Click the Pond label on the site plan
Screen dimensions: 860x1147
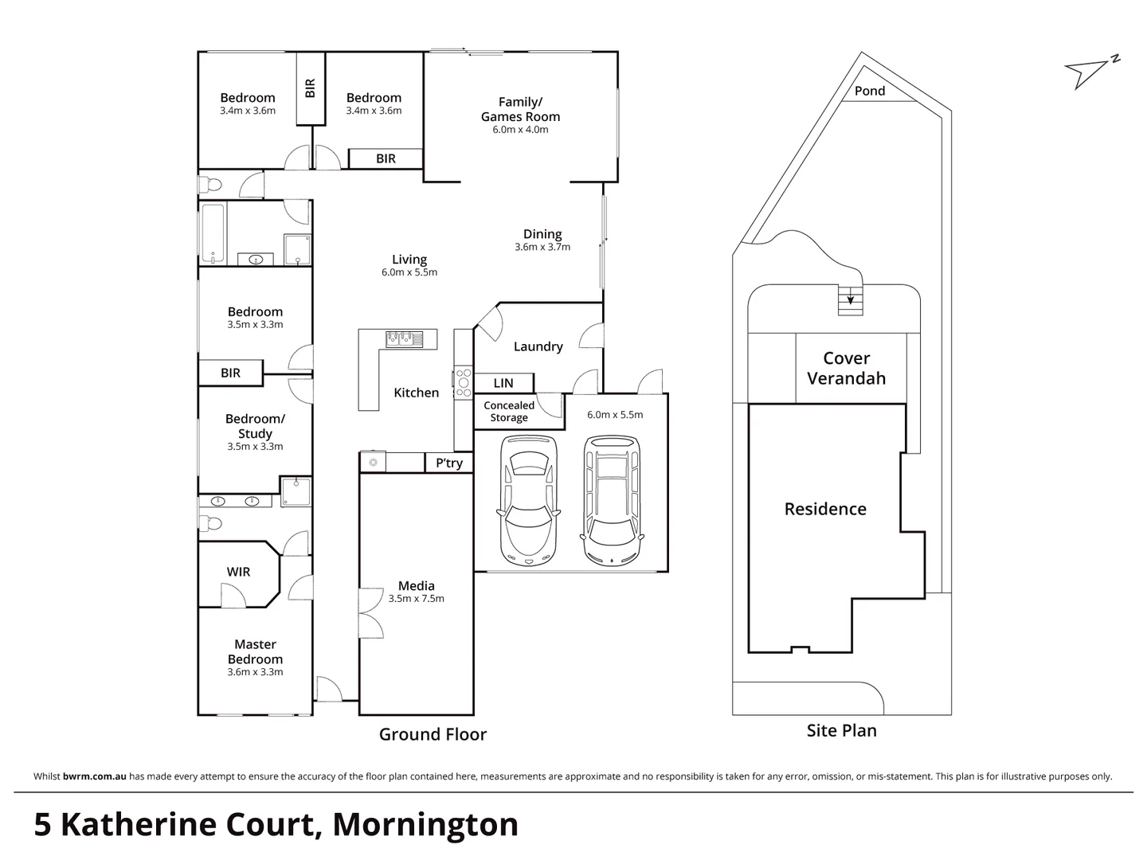pyautogui.click(x=869, y=91)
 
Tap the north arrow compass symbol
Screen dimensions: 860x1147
pyautogui.click(x=1090, y=72)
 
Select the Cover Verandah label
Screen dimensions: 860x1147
pyautogui.click(x=846, y=368)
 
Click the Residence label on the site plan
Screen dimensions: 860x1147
pyautogui.click(x=825, y=509)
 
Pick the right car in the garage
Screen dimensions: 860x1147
pyautogui.click(x=612, y=499)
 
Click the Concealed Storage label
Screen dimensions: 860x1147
pyautogui.click(x=509, y=411)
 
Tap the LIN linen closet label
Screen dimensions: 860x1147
pyautogui.click(x=503, y=383)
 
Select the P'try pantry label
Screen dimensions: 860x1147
pyautogui.click(x=449, y=463)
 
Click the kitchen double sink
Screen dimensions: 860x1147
pyautogui.click(x=404, y=339)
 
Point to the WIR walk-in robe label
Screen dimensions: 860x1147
pyautogui.click(x=238, y=572)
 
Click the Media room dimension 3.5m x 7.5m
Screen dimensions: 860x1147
pyautogui.click(x=416, y=599)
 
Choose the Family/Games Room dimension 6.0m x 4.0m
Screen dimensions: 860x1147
pyautogui.click(x=520, y=129)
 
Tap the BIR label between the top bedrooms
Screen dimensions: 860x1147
pyautogui.click(x=310, y=88)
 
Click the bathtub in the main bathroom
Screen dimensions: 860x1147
pyautogui.click(x=213, y=233)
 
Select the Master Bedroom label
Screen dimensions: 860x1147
pyautogui.click(x=255, y=651)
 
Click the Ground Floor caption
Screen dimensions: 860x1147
pyautogui.click(x=433, y=734)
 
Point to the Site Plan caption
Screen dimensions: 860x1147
pyautogui.click(x=841, y=730)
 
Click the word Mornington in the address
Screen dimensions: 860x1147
pyautogui.click(x=425, y=824)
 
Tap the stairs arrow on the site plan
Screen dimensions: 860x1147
pyautogui.click(x=851, y=299)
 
